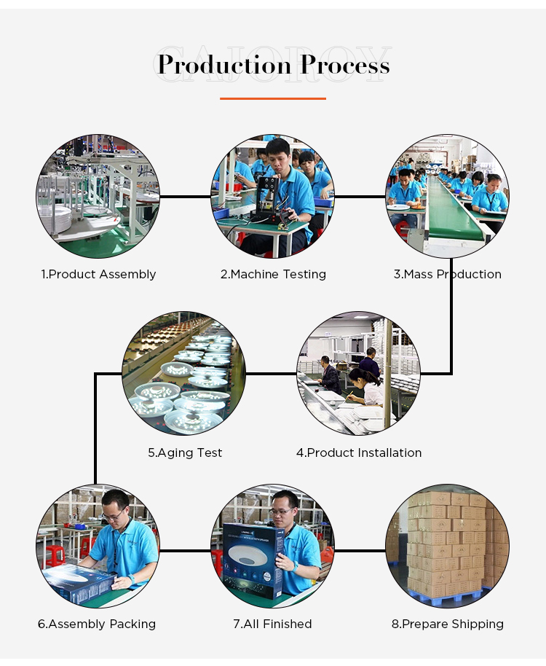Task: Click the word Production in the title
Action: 224,65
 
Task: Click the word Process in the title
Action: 345,65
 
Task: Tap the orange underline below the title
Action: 273,98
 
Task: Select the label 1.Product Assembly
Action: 98,275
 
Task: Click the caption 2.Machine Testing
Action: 273,275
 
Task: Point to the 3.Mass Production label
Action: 448,275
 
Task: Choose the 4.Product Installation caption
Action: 359,453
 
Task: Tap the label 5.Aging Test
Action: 185,453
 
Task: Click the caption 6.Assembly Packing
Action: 97,624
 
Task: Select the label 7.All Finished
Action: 272,624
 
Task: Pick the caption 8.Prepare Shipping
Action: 448,624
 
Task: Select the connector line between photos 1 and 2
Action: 186,197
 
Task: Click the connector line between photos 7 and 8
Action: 360,551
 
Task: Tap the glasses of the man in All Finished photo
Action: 282,511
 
